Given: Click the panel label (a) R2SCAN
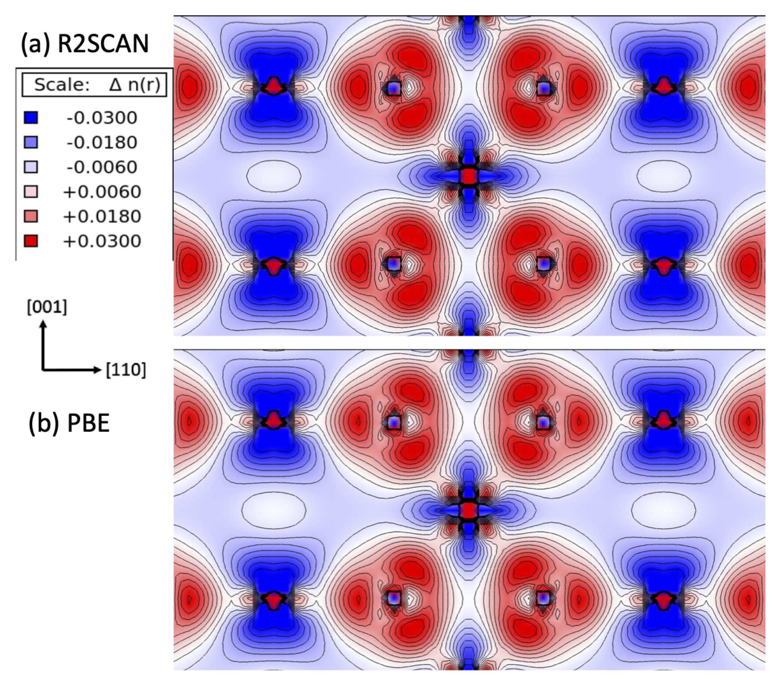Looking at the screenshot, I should coord(84,44).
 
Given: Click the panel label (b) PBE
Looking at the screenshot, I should coord(69,423).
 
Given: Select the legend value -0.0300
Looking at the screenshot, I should coord(102,118).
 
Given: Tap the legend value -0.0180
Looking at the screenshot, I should coord(102,143).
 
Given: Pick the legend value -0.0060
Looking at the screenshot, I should coord(102,167).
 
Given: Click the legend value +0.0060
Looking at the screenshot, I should coord(102,192).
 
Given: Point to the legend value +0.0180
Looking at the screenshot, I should coord(102,216).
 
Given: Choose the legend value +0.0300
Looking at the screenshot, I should coord(102,241).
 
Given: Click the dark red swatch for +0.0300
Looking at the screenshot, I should coord(31,241).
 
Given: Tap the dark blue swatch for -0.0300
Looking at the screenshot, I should coord(31,118).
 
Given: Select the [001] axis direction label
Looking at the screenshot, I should coord(47,307).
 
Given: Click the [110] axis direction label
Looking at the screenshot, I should coord(126,370).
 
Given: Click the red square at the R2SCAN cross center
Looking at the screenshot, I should coord(469,176).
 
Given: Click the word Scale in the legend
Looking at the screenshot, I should coord(62,85).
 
